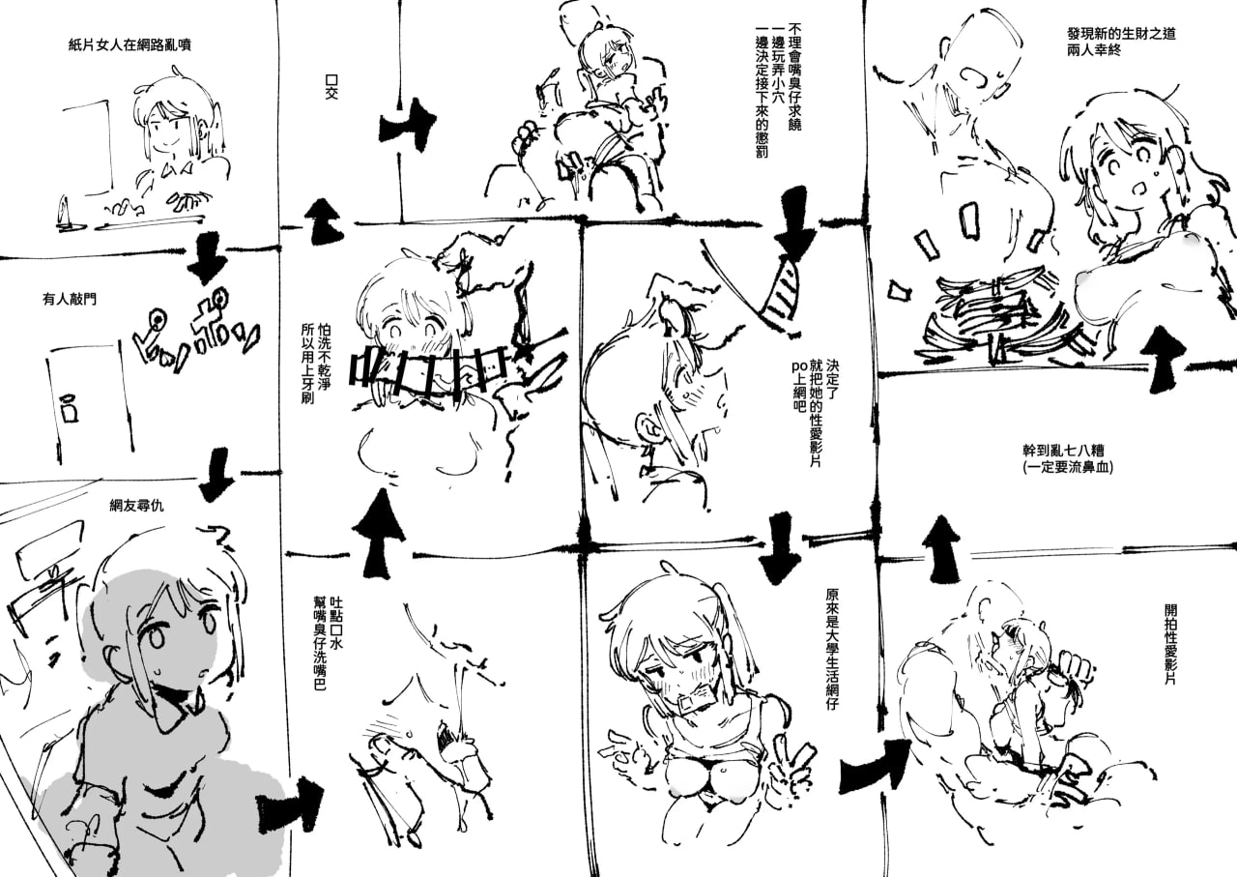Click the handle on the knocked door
click(x=69, y=409)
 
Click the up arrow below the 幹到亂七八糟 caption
click(x=940, y=547)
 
